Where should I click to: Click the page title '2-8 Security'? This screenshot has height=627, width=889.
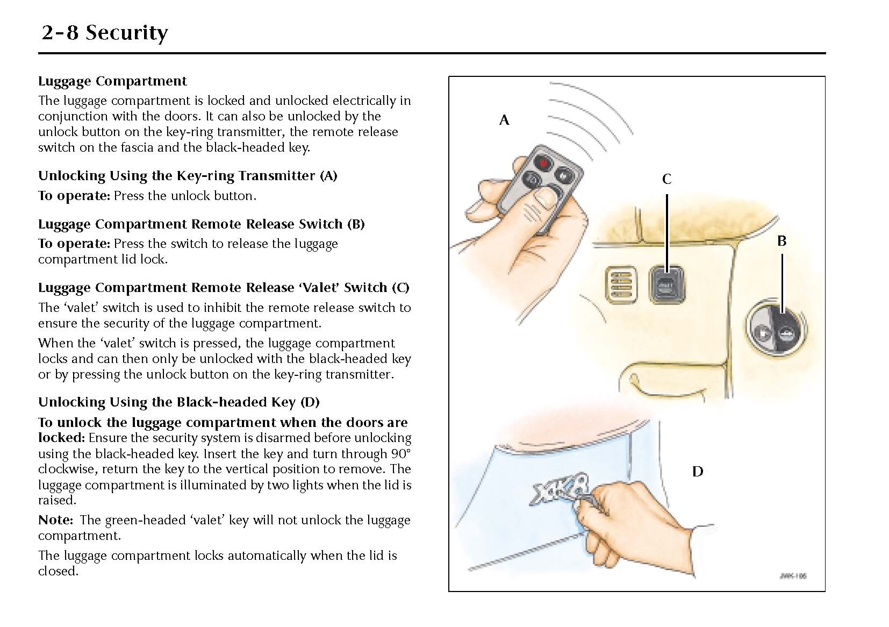click(104, 33)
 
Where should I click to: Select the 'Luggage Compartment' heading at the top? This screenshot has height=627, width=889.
click(112, 81)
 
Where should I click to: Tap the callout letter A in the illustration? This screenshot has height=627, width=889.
click(504, 120)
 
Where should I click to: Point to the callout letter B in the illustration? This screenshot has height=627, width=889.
click(782, 241)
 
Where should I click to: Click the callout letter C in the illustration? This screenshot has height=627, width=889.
click(666, 179)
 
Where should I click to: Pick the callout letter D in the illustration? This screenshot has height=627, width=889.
click(697, 472)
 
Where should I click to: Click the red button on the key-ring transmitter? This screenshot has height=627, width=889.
click(544, 162)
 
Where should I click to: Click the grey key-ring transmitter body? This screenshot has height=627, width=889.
click(529, 186)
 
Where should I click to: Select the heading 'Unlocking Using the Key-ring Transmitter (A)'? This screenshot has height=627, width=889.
click(188, 176)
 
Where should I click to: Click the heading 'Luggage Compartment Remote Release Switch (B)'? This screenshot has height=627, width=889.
click(201, 224)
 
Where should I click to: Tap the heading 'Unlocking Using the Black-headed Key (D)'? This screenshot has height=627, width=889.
click(178, 402)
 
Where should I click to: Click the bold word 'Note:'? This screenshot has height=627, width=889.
click(55, 520)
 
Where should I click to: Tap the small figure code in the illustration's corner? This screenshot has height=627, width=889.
click(793, 576)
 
